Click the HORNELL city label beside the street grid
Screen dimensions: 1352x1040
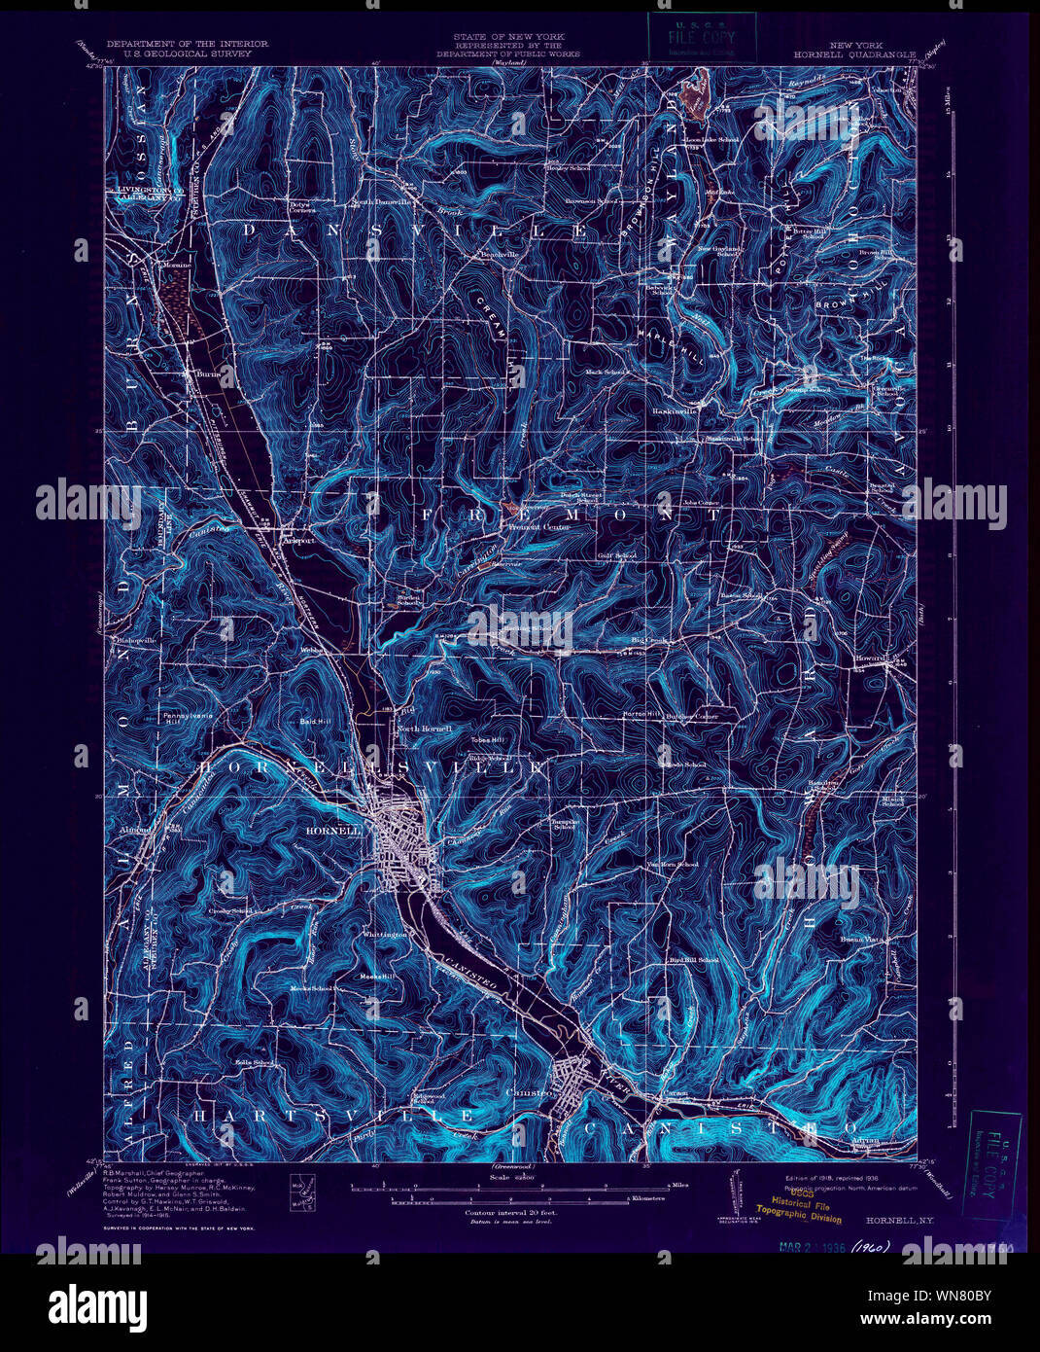point(334,831)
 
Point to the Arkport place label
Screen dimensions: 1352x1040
point(300,541)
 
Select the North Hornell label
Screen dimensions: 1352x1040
point(419,729)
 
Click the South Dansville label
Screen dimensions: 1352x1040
point(376,202)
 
